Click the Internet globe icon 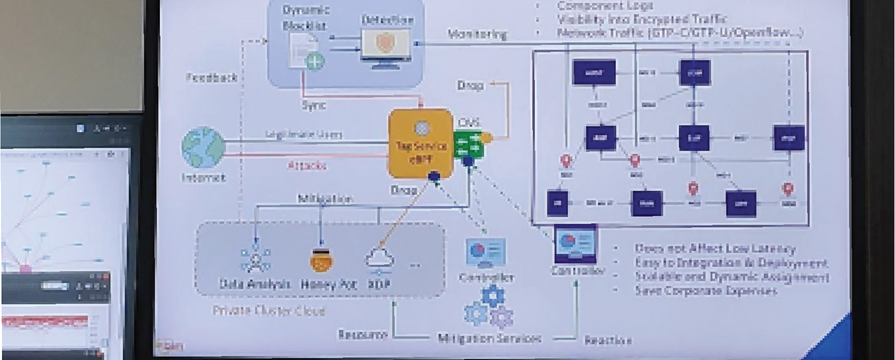[x=203, y=148]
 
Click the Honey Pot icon [x=321, y=260]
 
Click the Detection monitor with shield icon [x=385, y=46]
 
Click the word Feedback [x=211, y=77]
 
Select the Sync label [x=313, y=105]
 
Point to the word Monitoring [x=477, y=34]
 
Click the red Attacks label [x=307, y=165]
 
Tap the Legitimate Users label [x=304, y=134]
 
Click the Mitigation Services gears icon [x=488, y=308]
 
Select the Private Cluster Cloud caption [x=268, y=311]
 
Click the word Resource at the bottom [x=363, y=335]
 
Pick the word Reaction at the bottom [x=608, y=340]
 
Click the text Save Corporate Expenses [x=706, y=290]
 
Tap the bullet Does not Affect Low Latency [x=714, y=249]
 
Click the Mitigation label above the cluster [x=325, y=199]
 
